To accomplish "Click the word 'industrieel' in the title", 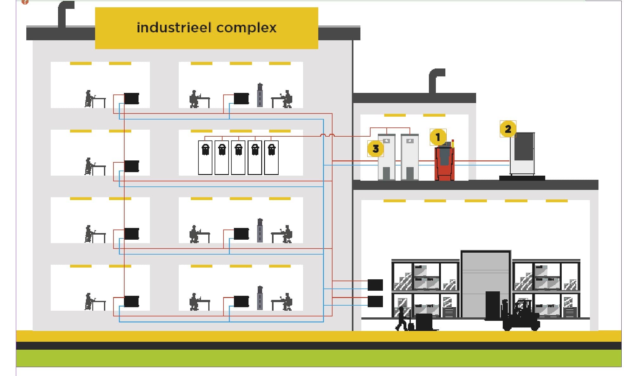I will coord(174,28).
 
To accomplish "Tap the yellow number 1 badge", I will coord(438,137).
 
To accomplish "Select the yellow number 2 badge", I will coord(508,129).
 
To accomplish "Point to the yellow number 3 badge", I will coord(375,148).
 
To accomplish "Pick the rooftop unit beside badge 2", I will coord(522,154).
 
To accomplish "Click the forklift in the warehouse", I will coord(521,315).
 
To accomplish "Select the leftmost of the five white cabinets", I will coord(205,157).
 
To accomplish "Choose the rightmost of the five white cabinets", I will coord(271,157).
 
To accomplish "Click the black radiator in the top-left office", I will coord(131,99).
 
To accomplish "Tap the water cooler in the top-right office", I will coord(260,95).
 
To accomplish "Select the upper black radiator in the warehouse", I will coord(375,285).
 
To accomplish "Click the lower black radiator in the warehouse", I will coord(375,301).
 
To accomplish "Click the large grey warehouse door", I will coord(486,284).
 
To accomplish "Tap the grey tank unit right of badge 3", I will coord(409,157).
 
